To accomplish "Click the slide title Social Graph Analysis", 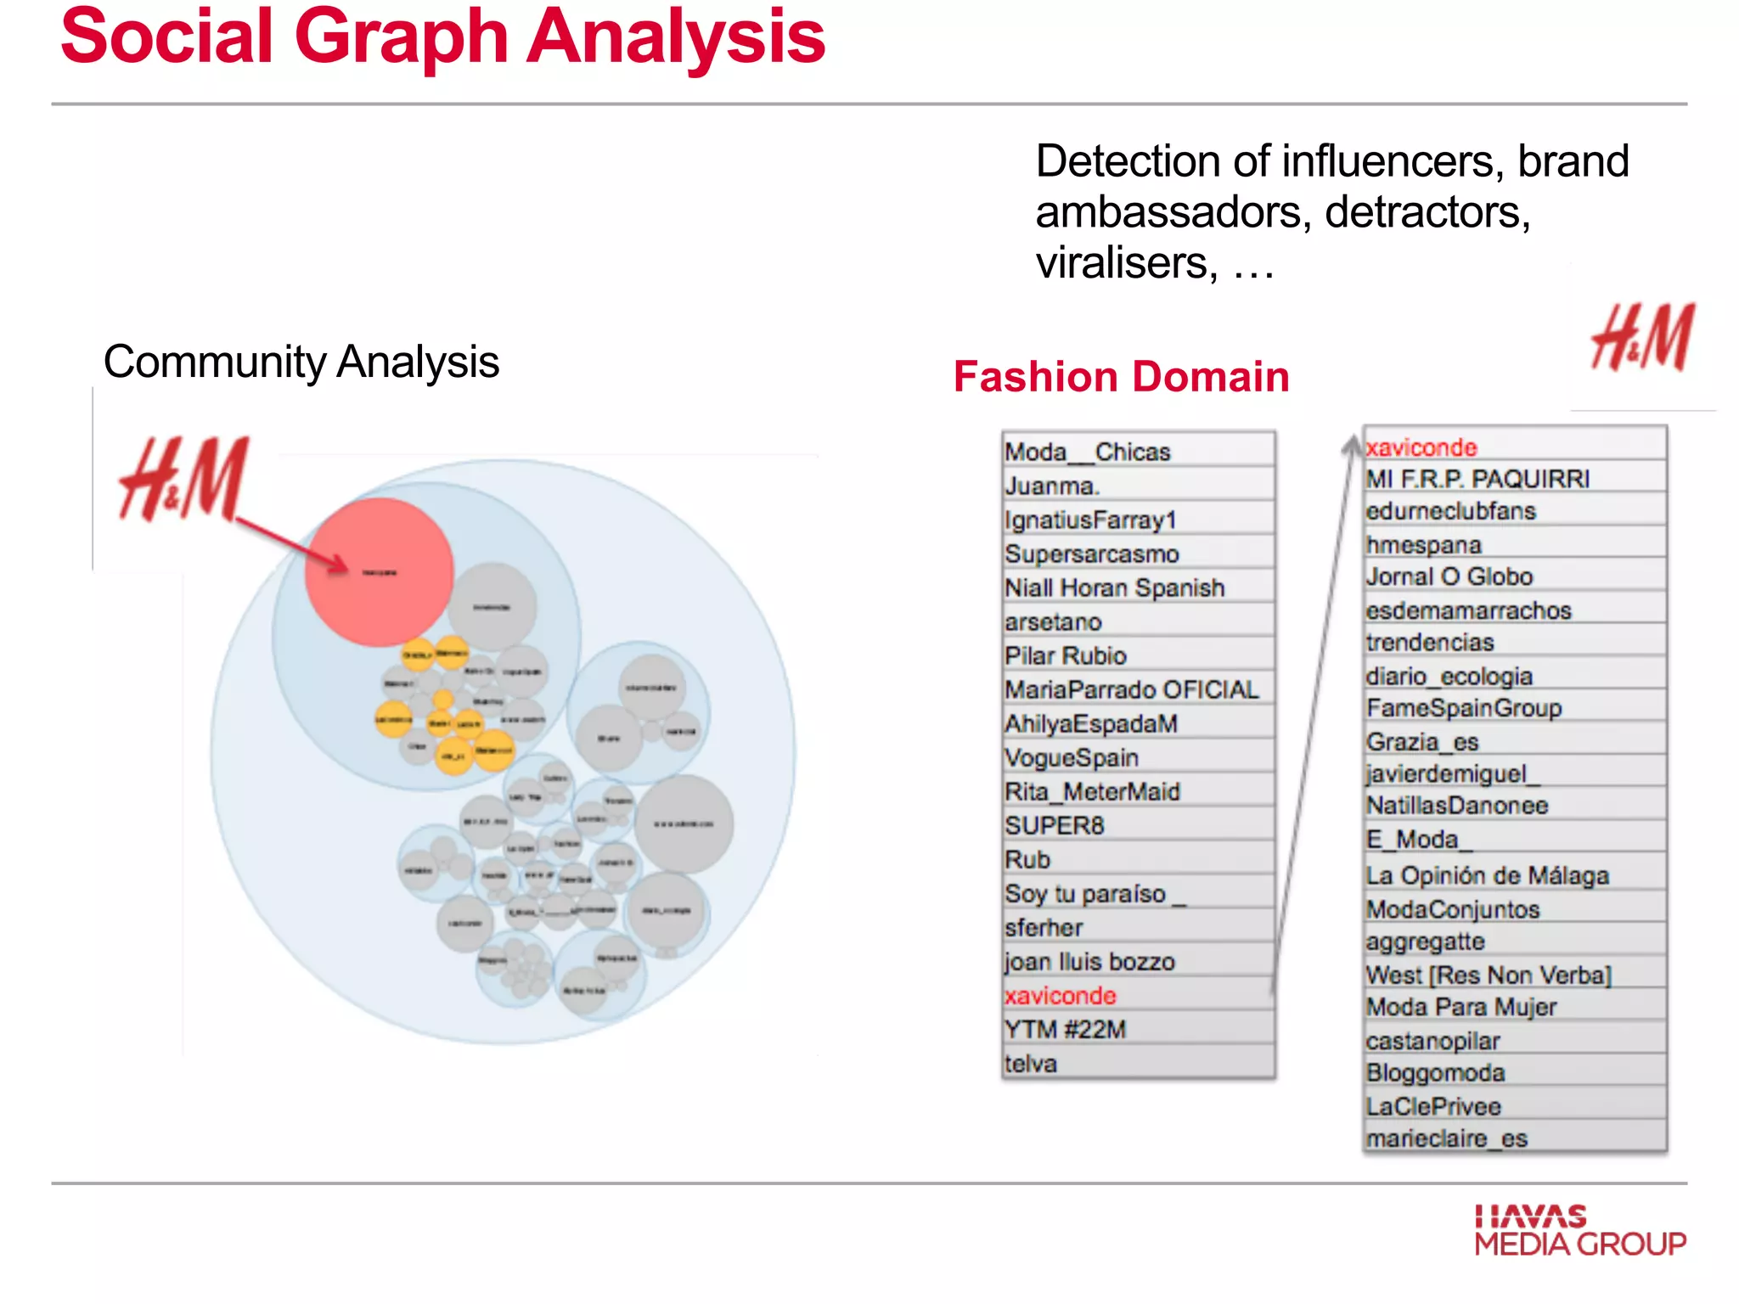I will click(442, 38).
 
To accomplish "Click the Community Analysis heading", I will click(301, 363).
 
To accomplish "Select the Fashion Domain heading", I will click(1121, 377).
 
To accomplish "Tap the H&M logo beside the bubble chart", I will click(184, 479).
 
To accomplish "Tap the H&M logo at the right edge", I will click(1642, 338).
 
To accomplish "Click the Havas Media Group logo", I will click(1579, 1230).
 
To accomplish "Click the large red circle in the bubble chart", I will click(379, 571).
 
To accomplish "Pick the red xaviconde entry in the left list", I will click(1060, 995).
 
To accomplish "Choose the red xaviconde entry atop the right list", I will click(1421, 447).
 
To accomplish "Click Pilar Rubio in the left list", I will click(1066, 655).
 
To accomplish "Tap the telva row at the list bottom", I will click(1031, 1063).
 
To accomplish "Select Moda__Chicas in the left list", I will click(1088, 452).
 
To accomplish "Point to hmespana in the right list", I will click(1423, 544).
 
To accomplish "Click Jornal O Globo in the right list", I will click(1449, 576).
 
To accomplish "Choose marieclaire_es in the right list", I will click(1447, 1138).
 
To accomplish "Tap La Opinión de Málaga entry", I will click(1487, 875).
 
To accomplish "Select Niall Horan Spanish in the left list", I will click(1115, 587).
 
